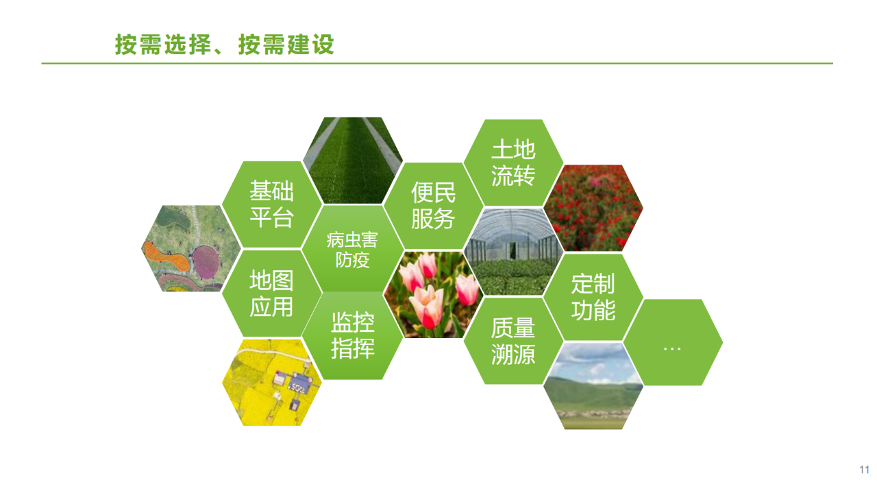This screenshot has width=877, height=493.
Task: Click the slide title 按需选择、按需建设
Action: coord(224,45)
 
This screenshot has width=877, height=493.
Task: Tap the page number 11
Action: coord(864,470)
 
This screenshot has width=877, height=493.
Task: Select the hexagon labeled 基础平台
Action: coord(272,204)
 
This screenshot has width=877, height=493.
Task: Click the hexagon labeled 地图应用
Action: coord(272,293)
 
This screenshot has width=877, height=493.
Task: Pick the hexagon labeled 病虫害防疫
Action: coord(352,249)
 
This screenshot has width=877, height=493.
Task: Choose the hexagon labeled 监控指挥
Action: coord(352,336)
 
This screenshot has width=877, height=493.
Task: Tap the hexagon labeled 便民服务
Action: coord(434,206)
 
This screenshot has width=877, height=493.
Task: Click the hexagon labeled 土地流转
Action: coord(513,163)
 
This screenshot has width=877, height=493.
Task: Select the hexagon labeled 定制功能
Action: coord(593,297)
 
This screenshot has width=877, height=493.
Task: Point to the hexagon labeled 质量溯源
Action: coord(513,341)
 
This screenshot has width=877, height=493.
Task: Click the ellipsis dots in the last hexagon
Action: coord(672,348)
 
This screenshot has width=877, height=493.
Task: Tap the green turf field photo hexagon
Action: coord(352,160)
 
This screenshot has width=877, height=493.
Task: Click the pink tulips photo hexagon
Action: coord(434,295)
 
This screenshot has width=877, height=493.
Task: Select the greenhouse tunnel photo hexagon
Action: coord(513,252)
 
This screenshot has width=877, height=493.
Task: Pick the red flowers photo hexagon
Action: coord(593,208)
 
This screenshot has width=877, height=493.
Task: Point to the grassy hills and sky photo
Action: coord(593,386)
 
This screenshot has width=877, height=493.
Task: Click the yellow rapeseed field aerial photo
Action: coord(272,383)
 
